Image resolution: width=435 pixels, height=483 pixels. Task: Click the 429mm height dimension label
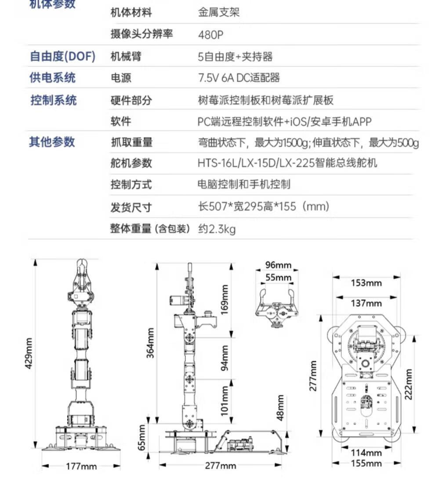coord(29,353)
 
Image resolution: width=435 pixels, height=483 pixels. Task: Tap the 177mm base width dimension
coord(81,466)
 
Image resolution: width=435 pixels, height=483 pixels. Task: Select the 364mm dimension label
coord(151,342)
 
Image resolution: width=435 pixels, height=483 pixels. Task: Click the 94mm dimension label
coord(225,357)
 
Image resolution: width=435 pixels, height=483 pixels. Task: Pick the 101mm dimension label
coord(225,400)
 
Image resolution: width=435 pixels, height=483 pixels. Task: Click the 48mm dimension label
coord(280,407)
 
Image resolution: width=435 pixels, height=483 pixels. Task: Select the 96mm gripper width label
coord(278,265)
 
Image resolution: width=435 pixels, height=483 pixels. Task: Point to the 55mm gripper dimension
coord(279,278)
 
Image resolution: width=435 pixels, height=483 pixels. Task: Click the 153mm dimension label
coord(366,283)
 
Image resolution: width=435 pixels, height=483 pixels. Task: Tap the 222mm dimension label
coord(409,383)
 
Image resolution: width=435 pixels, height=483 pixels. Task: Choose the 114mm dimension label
coord(366,452)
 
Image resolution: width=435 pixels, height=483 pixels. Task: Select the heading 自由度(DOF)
coord(62,56)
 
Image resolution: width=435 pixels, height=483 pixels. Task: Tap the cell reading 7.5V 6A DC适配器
coord(239,78)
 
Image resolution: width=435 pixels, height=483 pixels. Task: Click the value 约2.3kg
coord(217,229)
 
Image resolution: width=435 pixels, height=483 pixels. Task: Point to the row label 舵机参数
coord(131,163)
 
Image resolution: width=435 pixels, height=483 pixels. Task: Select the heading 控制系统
coord(53,100)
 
